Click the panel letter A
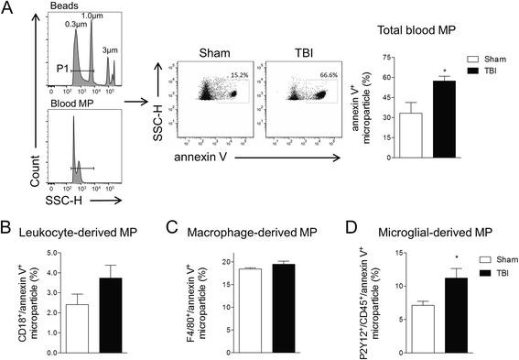tap(8, 8)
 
